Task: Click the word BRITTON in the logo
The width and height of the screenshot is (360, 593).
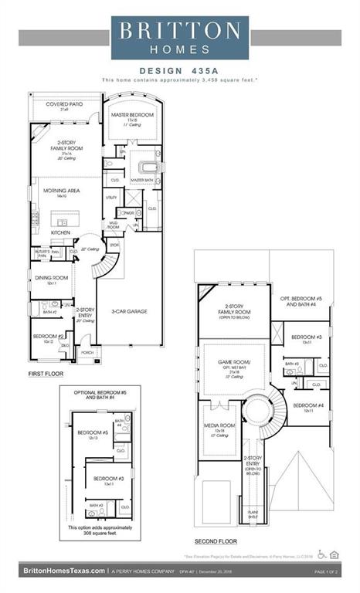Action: click(x=180, y=30)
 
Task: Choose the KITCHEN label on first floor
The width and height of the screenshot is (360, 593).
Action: click(x=61, y=232)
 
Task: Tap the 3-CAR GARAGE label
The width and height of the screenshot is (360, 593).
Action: click(x=132, y=311)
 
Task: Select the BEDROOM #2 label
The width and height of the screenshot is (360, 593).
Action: click(x=48, y=337)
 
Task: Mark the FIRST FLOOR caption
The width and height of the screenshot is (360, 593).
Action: click(x=46, y=374)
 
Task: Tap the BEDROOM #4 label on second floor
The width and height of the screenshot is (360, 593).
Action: click(x=307, y=405)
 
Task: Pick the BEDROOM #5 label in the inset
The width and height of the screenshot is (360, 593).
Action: click(x=97, y=433)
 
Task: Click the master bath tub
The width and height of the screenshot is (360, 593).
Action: click(x=148, y=167)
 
